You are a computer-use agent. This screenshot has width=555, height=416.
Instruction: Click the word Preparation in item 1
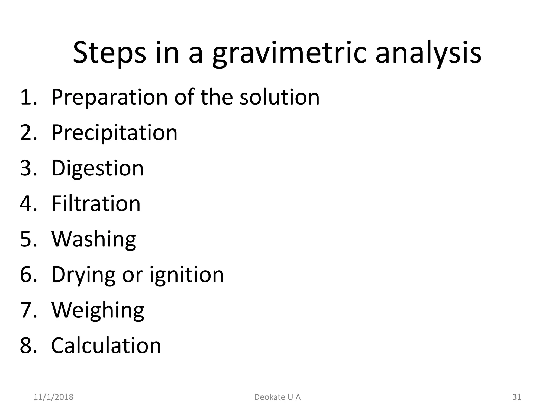tap(109, 97)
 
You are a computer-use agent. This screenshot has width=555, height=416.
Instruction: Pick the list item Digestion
tap(97, 168)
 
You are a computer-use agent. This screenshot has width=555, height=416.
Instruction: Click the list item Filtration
tap(96, 204)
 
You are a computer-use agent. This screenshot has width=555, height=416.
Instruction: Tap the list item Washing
tap(93, 239)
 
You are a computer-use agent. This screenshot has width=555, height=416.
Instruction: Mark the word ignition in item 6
tap(187, 275)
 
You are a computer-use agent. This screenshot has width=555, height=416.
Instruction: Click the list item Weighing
tap(98, 310)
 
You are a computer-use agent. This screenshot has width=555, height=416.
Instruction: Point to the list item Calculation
tap(106, 346)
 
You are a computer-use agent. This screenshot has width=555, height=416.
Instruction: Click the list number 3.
tap(28, 168)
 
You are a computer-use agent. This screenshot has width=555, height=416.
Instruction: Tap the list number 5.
tap(28, 239)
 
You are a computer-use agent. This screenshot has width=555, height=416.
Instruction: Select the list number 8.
tap(28, 346)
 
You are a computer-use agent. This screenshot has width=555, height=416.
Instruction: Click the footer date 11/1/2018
tap(53, 397)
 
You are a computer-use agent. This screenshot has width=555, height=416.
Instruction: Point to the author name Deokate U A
tap(277, 397)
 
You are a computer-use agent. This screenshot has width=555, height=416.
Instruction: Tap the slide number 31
tap(517, 397)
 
